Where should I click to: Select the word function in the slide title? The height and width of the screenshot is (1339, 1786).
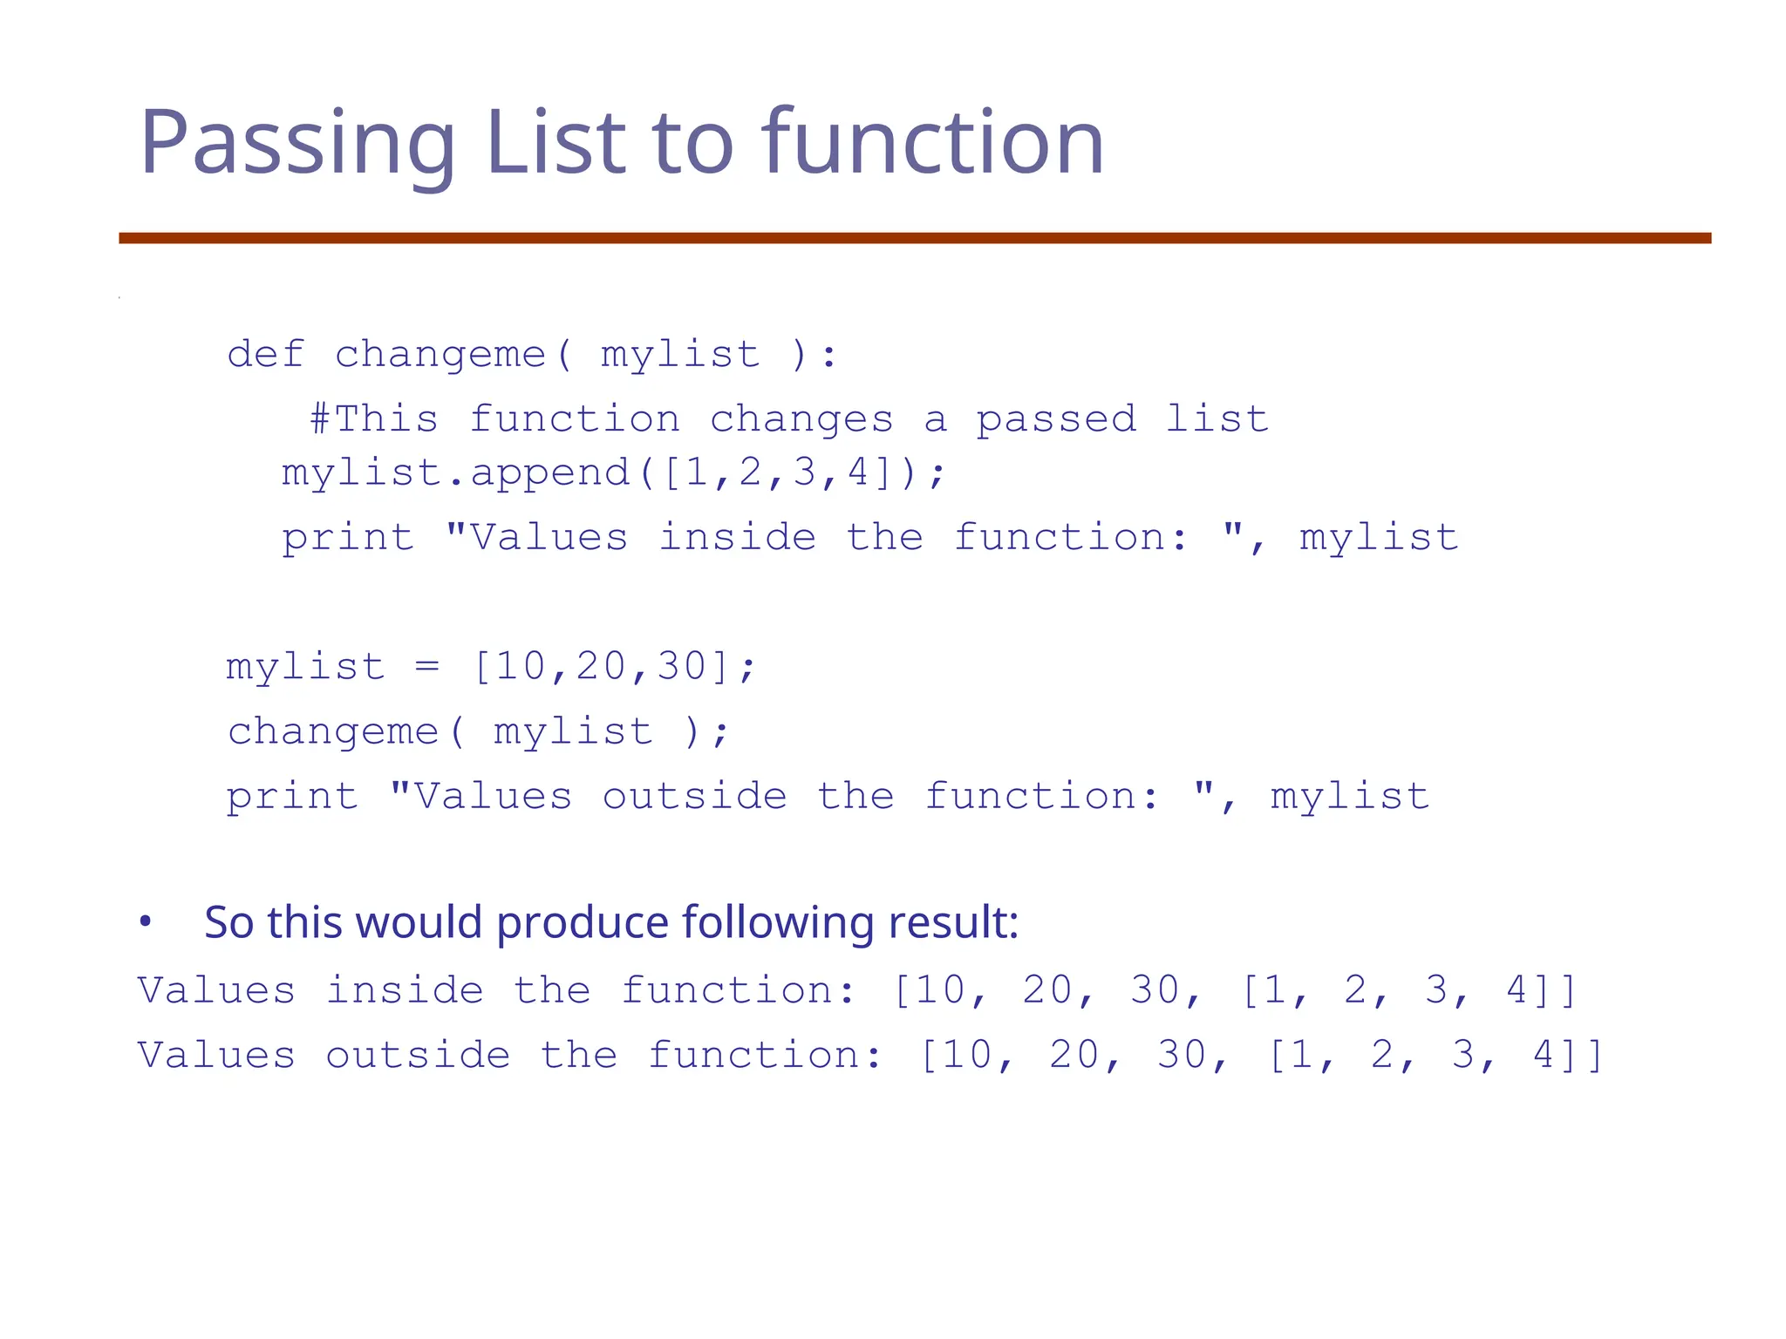click(x=932, y=142)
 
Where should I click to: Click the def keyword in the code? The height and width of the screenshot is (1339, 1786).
click(x=265, y=355)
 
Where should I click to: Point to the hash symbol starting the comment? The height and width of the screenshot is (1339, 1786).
click(x=320, y=419)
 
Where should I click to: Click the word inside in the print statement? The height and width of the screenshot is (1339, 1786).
click(x=737, y=537)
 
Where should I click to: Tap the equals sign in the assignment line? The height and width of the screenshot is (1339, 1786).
click(x=427, y=667)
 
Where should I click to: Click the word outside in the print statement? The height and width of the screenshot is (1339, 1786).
click(x=695, y=796)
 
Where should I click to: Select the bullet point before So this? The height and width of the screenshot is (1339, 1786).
click(x=146, y=921)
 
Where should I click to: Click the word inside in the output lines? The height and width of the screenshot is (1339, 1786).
click(x=405, y=991)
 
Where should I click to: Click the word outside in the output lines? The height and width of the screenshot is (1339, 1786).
click(x=418, y=1056)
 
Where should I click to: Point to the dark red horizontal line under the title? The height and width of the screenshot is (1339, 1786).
click(x=915, y=238)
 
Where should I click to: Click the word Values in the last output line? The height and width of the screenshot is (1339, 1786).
click(x=216, y=1056)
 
